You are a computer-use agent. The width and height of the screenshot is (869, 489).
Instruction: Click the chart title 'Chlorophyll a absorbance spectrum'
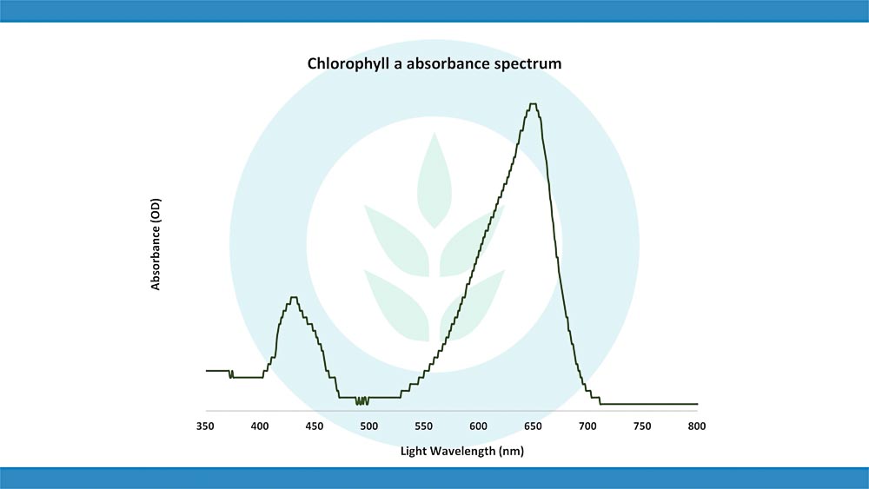click(434, 63)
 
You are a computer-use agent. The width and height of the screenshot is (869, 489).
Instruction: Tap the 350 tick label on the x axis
click(205, 426)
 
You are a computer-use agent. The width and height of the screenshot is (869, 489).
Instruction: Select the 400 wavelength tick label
click(260, 426)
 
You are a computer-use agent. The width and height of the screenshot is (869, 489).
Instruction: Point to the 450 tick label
click(315, 426)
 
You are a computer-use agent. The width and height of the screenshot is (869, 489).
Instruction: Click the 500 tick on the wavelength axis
click(368, 426)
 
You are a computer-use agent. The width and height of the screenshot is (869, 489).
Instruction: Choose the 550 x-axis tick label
click(423, 426)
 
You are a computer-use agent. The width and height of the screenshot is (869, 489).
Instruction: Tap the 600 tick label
click(478, 426)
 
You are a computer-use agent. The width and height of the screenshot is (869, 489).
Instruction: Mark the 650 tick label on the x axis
click(533, 426)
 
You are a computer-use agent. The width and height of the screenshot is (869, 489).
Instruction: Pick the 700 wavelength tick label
click(587, 426)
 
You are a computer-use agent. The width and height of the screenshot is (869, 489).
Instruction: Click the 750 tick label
click(642, 426)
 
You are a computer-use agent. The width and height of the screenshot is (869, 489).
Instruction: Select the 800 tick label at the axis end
click(696, 426)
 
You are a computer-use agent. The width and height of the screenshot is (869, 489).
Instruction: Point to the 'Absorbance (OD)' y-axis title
click(156, 244)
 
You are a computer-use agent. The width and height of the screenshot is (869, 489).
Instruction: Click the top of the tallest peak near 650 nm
click(533, 104)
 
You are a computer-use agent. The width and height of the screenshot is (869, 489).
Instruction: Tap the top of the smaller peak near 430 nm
click(294, 297)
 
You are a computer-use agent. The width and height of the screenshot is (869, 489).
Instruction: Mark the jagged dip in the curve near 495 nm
click(362, 401)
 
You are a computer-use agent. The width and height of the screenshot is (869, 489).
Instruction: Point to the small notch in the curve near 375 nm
click(231, 375)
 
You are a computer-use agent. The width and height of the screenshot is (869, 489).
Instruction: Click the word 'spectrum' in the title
click(530, 64)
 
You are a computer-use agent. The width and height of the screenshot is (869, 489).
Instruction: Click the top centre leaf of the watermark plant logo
click(434, 174)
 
